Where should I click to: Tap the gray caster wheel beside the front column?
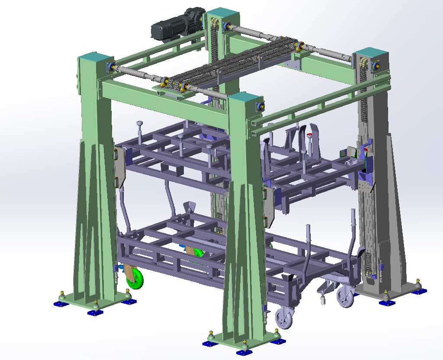284,318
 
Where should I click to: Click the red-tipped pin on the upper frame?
309,136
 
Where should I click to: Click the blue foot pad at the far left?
61,304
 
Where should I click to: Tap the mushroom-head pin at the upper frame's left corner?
139,124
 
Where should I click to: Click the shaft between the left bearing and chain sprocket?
138,74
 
